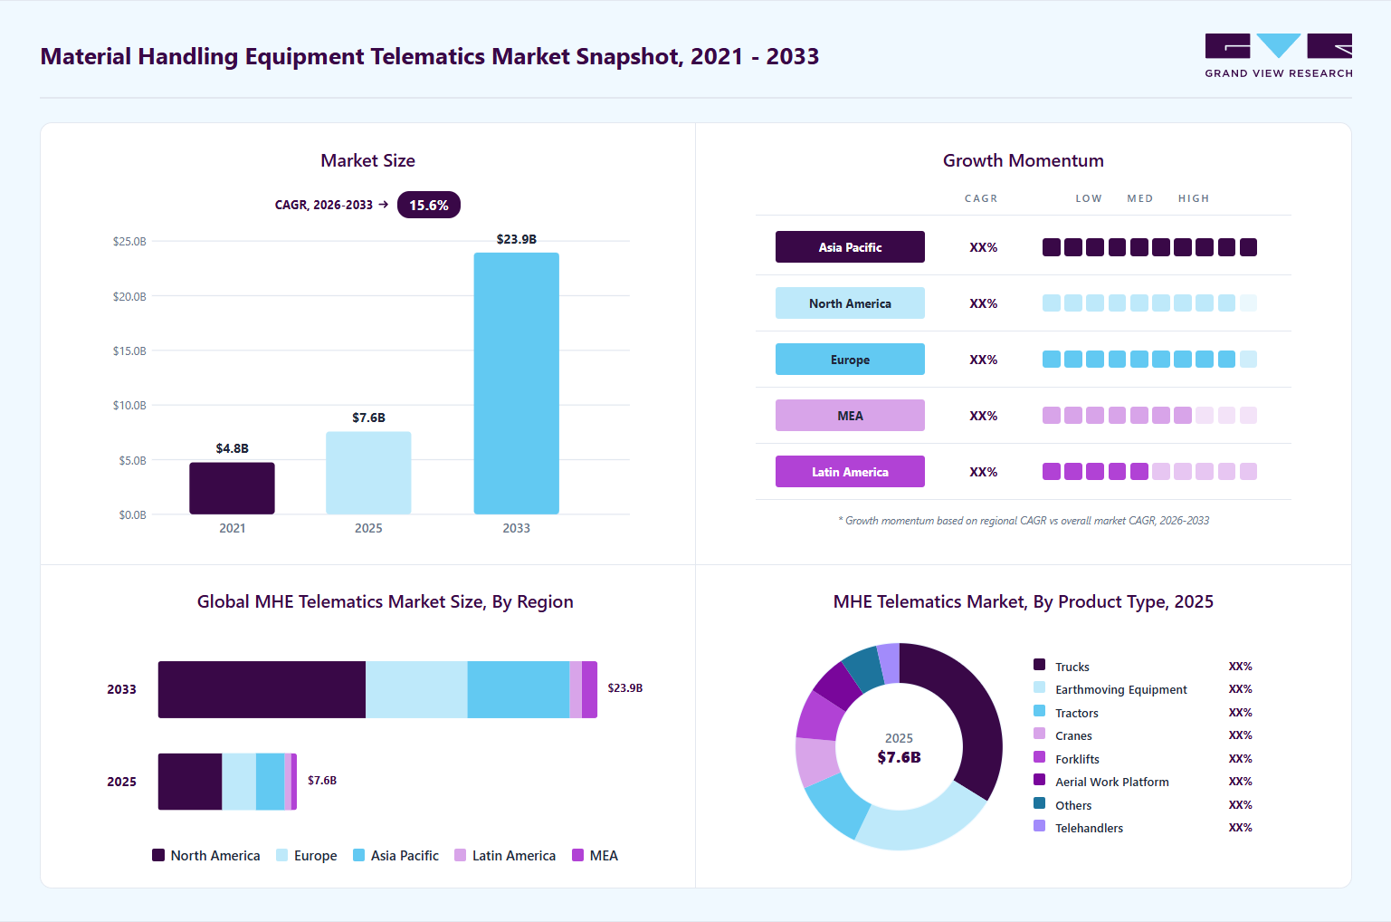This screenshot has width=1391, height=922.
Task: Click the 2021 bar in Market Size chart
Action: point(232,488)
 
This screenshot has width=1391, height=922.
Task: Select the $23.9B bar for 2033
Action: point(516,383)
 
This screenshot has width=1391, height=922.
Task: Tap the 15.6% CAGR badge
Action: point(428,205)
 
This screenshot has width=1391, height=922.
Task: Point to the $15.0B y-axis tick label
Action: point(129,351)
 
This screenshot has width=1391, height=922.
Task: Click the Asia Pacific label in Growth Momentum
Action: point(850,247)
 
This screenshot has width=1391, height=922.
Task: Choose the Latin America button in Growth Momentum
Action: point(850,472)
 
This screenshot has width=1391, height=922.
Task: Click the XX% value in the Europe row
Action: point(983,360)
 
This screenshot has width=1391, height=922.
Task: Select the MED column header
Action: point(1139,198)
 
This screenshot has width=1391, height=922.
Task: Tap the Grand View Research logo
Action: point(1279,56)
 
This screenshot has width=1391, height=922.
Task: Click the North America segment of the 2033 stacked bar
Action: point(262,689)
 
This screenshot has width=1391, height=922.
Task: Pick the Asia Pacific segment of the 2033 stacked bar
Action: point(519,689)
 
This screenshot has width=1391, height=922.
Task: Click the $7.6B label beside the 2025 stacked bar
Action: point(322,781)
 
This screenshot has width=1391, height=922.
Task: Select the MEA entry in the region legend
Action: point(595,856)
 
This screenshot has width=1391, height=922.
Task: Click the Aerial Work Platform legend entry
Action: point(1101,782)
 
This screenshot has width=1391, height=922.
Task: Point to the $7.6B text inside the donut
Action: point(899,757)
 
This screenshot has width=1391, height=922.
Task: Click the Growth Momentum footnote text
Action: point(1024,521)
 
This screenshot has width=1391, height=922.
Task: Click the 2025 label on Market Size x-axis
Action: point(368,528)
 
